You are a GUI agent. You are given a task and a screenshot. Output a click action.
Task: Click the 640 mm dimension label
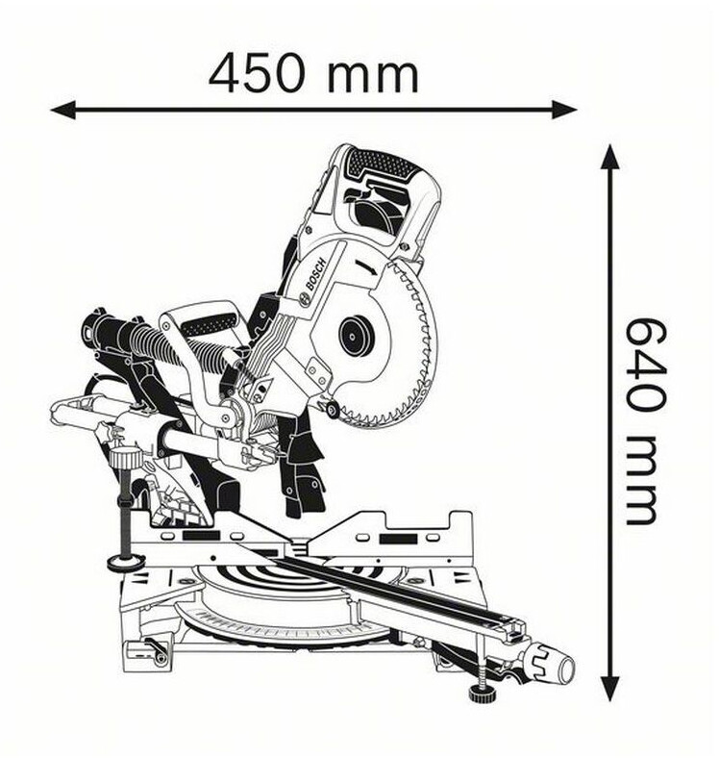(x=642, y=420)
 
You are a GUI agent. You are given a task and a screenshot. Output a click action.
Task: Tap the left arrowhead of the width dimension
(x=62, y=111)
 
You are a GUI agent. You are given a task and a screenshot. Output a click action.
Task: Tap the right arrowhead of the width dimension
(x=564, y=111)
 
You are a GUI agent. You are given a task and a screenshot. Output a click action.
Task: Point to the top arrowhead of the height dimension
(x=610, y=157)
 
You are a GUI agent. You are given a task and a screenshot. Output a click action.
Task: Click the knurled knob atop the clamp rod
(x=125, y=458)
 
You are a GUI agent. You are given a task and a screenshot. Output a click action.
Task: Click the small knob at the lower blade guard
(x=333, y=411)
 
